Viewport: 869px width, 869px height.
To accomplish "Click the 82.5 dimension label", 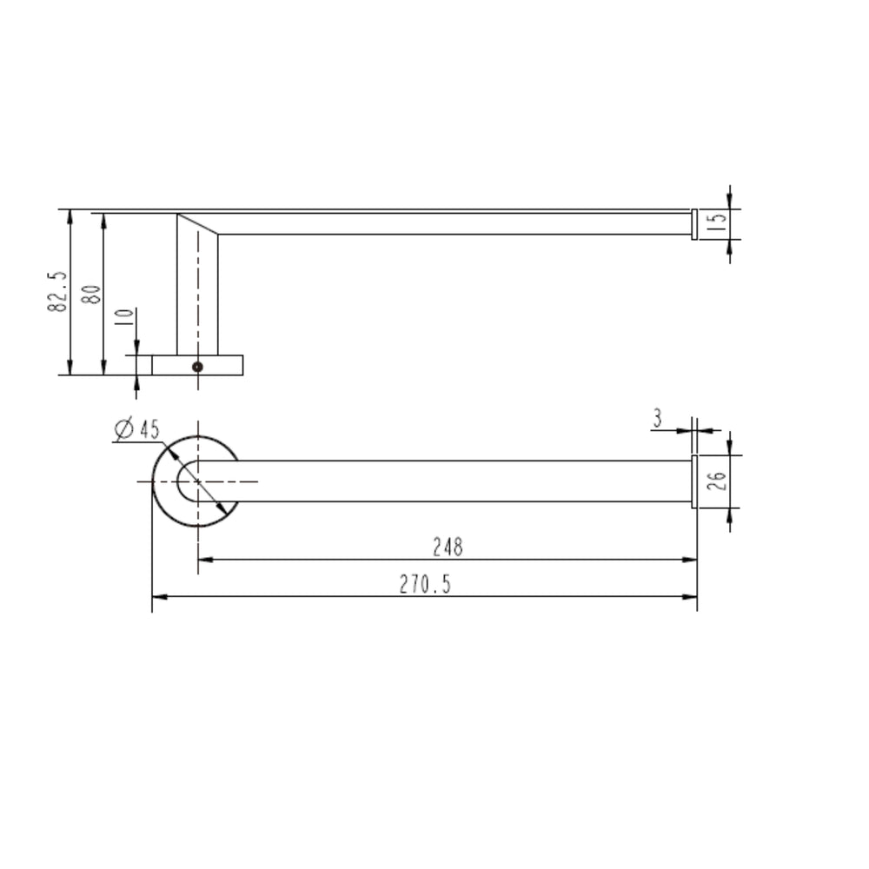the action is click(57, 291).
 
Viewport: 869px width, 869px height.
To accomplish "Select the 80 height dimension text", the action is click(91, 294).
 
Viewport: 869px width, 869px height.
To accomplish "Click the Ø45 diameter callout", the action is click(137, 428).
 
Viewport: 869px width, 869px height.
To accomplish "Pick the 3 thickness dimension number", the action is click(657, 419).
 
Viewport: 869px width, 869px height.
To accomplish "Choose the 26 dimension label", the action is click(717, 481).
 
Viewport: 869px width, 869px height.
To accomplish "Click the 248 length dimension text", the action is click(448, 547).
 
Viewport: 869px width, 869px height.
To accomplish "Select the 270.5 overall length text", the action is click(425, 584).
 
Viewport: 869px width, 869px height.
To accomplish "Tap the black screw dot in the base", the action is click(197, 367).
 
